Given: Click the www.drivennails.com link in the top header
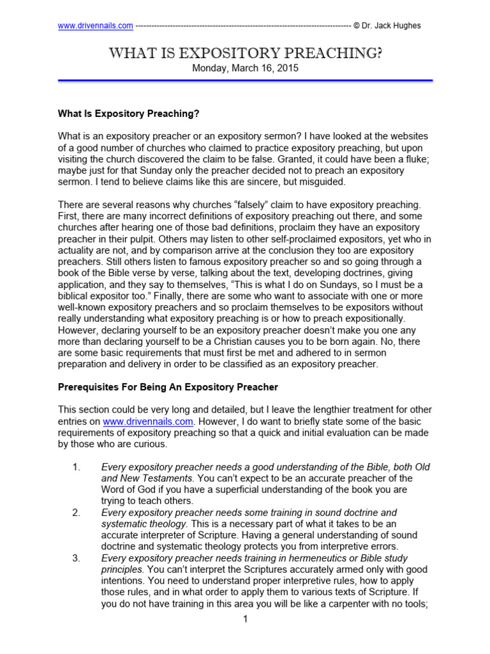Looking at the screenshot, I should coord(95,26).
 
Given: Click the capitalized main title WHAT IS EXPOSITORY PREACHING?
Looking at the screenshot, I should coord(245,53).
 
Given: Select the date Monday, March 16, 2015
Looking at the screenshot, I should coord(245,68).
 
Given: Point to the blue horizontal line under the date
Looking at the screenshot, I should coord(245,81).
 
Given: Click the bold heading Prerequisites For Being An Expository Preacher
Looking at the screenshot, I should coord(168,387).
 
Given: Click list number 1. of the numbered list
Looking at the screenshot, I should coord(76,468).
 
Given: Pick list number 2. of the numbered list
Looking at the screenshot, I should coord(76,513).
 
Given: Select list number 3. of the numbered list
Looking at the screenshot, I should coord(76,558).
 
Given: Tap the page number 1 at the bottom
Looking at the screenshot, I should coord(245,620).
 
